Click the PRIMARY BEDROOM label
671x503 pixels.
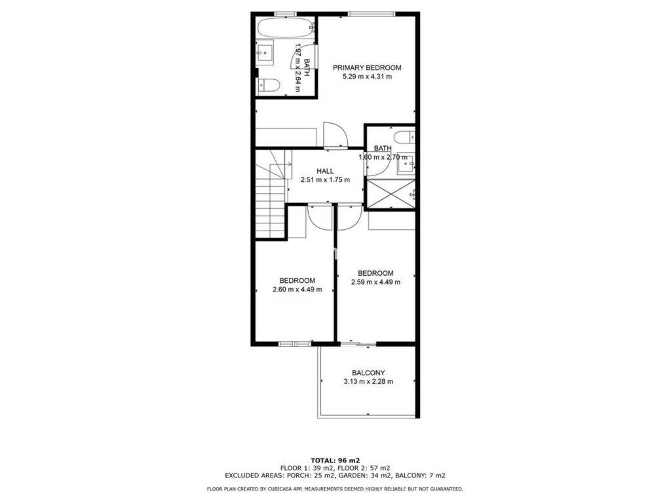tap(367, 67)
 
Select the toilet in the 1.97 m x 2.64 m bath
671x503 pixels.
tap(268, 86)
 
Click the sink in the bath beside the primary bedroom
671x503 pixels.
tap(265, 52)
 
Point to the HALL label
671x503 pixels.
tap(325, 171)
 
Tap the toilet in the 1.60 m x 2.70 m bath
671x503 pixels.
tap(404, 138)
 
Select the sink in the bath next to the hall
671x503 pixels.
tap(406, 162)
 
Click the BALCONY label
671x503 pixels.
tap(368, 373)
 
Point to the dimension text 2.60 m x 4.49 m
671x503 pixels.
tap(297, 289)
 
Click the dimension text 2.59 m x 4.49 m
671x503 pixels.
tap(375, 282)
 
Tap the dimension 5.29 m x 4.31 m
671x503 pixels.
tap(367, 77)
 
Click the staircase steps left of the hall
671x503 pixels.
tap(271, 201)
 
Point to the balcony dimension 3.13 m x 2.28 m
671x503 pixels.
tap(368, 382)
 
